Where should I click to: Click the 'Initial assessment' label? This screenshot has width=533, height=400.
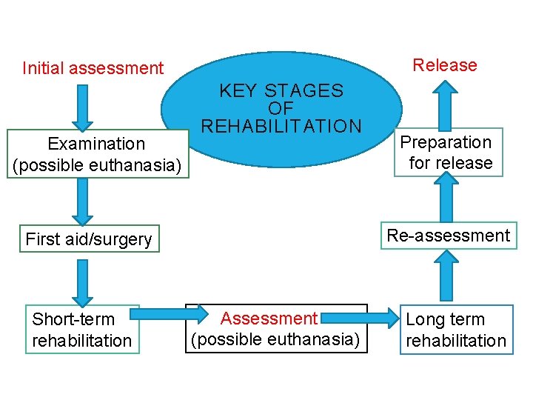93,68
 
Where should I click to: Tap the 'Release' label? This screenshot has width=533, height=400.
445,65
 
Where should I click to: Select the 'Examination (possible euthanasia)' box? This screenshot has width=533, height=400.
96,154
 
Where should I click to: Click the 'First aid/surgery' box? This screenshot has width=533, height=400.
89,239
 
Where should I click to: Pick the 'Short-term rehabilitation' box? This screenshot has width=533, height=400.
82,330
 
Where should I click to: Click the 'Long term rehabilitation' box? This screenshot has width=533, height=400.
456,330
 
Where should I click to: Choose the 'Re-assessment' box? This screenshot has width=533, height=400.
449,236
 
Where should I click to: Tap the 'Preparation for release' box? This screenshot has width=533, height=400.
446,153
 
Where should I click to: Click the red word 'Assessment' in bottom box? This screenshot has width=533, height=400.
269,319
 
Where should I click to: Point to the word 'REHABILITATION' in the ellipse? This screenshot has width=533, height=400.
282,126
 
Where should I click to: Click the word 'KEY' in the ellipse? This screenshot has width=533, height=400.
238,91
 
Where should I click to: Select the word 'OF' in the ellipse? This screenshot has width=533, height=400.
281,108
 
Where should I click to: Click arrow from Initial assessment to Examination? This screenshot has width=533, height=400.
83,107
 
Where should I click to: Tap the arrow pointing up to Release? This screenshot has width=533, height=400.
445,104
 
